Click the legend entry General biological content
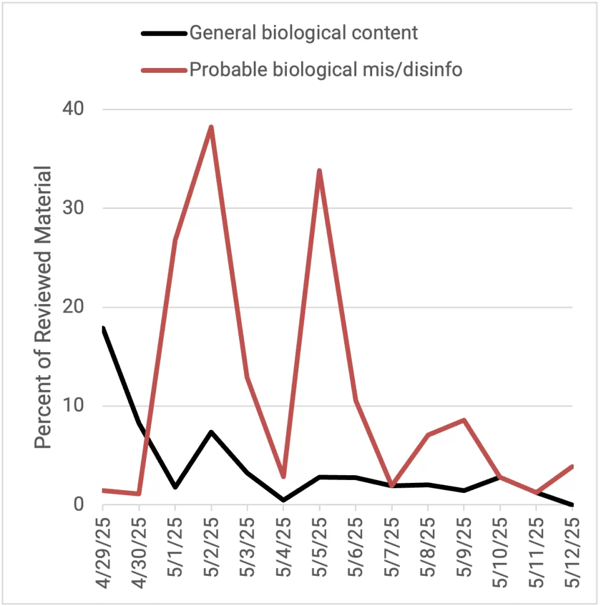tap(303, 33)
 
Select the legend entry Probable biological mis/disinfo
tap(325, 70)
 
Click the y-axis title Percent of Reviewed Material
tap(43, 307)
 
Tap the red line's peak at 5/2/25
tap(211, 127)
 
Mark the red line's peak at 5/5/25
tap(319, 170)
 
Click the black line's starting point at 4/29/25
tap(104, 329)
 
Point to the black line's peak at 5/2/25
tap(211, 432)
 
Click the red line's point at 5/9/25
tap(464, 420)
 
